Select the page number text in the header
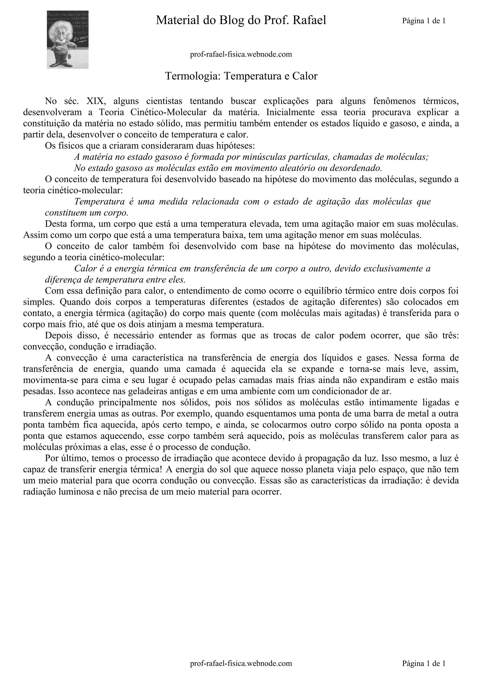424,21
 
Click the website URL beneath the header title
241,54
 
